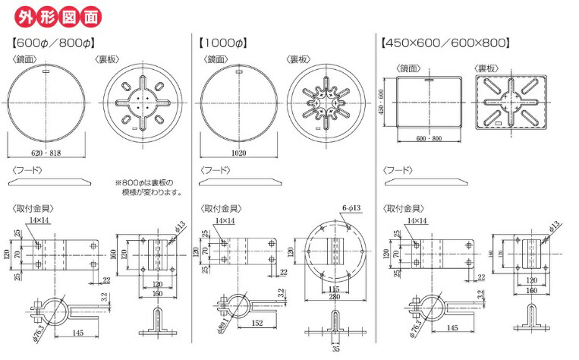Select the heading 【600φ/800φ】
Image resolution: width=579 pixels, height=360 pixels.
tap(53, 44)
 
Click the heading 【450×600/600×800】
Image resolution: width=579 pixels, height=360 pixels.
tap(445, 44)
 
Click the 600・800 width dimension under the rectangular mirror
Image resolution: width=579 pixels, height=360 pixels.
tap(430, 138)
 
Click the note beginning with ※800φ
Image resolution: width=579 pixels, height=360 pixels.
tap(149, 188)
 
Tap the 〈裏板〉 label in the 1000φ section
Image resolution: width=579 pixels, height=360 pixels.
tap(297, 58)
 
